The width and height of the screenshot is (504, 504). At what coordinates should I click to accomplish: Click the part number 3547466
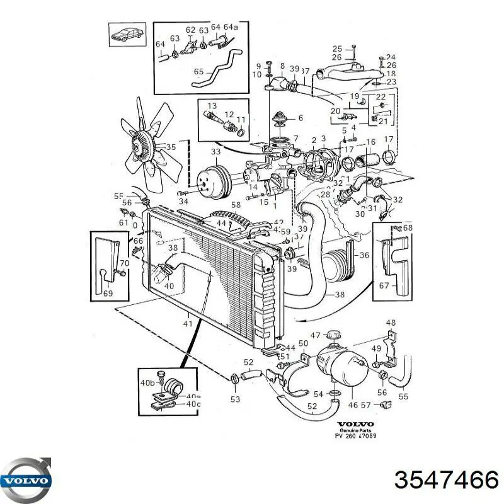(x=446, y=482)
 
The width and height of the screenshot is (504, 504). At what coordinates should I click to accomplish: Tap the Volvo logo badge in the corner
(x=27, y=480)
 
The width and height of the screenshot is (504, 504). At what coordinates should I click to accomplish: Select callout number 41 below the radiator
(x=187, y=324)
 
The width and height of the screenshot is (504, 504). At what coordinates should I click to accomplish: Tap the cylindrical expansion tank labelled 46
(x=344, y=365)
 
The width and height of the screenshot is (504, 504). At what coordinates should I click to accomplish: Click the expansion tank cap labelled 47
(x=332, y=335)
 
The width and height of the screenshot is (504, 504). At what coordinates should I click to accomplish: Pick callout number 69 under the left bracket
(x=107, y=294)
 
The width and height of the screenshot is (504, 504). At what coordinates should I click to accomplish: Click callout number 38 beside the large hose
(x=340, y=294)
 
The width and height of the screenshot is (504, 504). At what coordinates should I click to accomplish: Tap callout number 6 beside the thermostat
(x=300, y=118)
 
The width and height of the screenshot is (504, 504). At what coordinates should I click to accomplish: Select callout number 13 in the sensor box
(x=212, y=106)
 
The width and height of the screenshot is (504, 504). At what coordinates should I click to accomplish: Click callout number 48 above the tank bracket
(x=391, y=323)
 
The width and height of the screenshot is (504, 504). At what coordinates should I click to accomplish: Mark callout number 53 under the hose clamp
(x=235, y=399)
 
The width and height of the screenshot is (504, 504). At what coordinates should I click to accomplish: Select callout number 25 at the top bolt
(x=337, y=49)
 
